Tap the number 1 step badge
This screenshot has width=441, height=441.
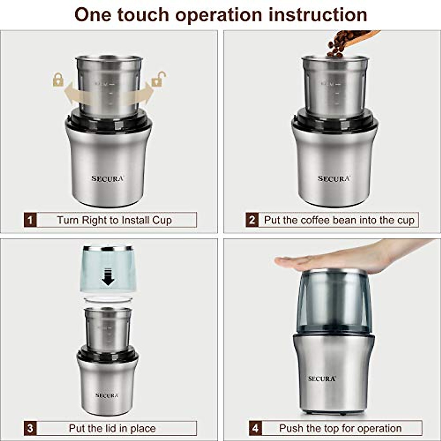click(30, 220)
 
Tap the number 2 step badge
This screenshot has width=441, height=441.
click(252, 220)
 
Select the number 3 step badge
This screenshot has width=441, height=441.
click(30, 428)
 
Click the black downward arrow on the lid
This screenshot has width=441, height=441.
click(108, 277)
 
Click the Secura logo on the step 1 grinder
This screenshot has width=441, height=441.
click(108, 179)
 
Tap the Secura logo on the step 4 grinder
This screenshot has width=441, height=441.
click(322, 379)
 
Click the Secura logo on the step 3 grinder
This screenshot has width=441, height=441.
click(107, 395)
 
